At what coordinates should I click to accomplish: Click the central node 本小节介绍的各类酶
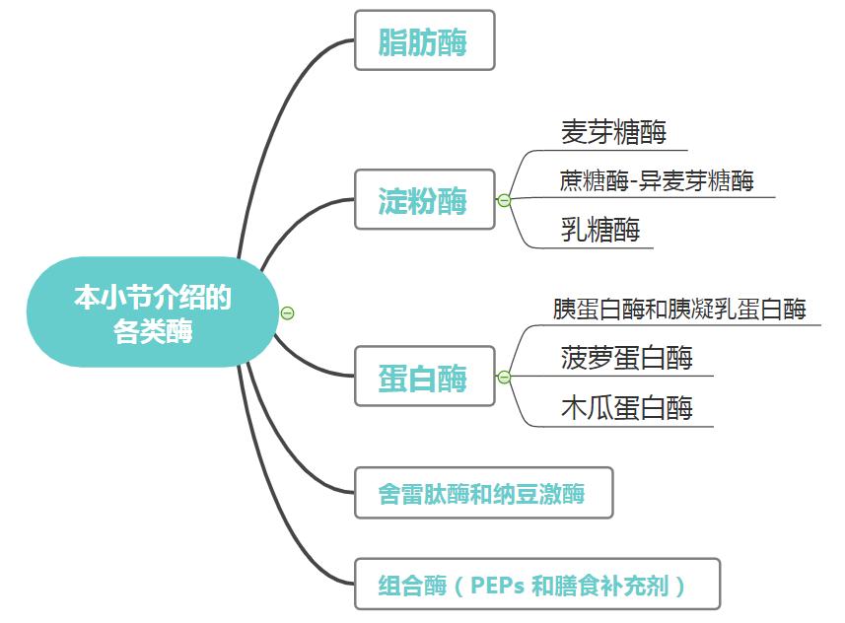click(153, 312)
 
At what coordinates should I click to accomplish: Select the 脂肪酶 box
click(424, 41)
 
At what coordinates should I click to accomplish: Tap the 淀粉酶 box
click(424, 200)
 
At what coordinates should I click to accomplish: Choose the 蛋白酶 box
click(424, 378)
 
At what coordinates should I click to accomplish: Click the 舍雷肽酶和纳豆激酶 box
click(483, 493)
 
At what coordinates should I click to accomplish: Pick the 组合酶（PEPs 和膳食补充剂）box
click(536, 585)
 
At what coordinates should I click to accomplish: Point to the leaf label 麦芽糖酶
click(613, 132)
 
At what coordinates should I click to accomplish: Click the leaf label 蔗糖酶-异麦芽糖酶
click(657, 180)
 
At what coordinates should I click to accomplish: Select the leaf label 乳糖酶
click(600, 230)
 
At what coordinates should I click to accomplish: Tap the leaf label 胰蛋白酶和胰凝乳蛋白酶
click(680, 309)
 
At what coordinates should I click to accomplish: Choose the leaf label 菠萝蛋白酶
click(627, 357)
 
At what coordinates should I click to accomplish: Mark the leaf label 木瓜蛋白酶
click(627, 407)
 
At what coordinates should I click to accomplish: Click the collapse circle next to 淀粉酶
click(504, 201)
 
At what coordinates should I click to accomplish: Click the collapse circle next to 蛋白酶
click(504, 378)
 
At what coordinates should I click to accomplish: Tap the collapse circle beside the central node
click(288, 313)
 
